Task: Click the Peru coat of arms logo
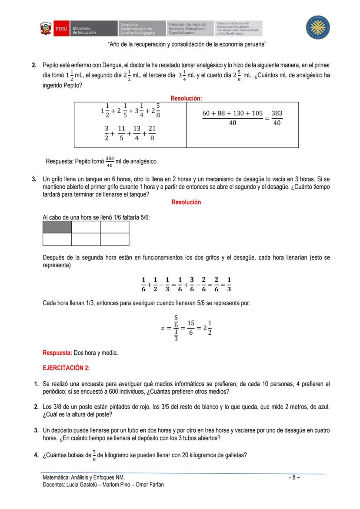tap(46, 29)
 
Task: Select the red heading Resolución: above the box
tap(186, 99)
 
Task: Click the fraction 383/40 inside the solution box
tap(277, 118)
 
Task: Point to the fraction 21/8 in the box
tap(152, 133)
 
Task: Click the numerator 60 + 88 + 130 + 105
tap(233, 113)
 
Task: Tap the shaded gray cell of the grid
tap(57, 227)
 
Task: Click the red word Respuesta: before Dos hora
tap(57, 353)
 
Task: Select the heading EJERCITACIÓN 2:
tap(66, 368)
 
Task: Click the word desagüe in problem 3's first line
tap(246, 179)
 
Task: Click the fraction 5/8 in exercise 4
tap(94, 456)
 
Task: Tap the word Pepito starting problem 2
tap(51, 65)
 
